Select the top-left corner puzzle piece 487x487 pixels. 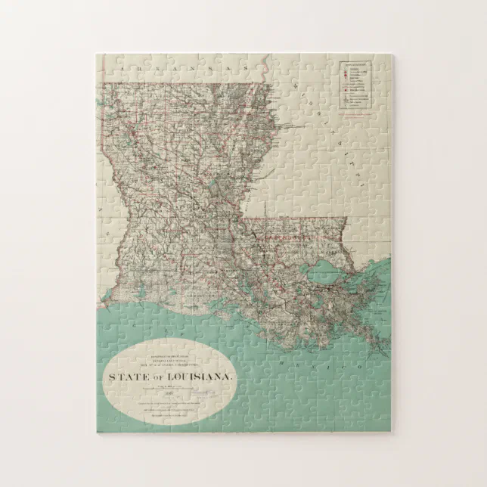tap(107, 64)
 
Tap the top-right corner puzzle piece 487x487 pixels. tap(381, 64)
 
